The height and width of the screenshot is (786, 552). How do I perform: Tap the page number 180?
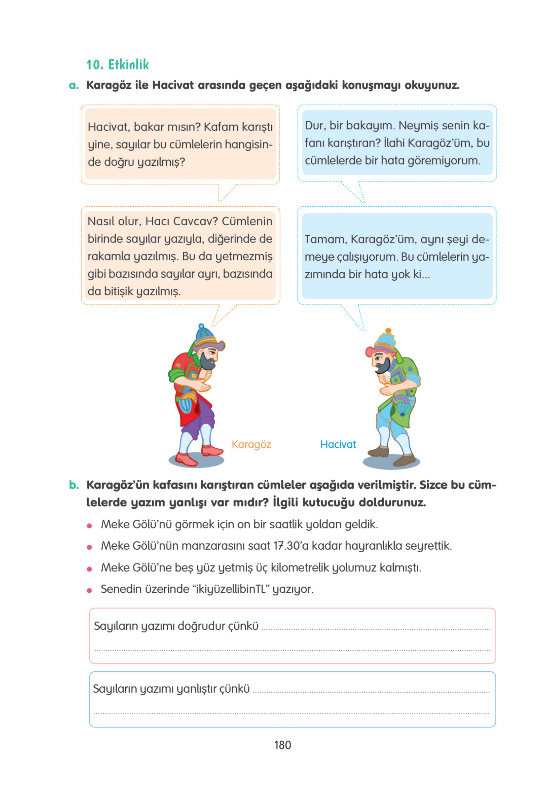pos(282,745)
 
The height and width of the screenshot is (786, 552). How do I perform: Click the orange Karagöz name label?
pos(251,444)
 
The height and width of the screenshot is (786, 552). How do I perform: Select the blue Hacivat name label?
pos(338,444)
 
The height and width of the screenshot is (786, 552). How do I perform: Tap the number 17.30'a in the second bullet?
pos(291,546)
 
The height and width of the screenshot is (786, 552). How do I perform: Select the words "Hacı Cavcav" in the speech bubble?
pos(181,221)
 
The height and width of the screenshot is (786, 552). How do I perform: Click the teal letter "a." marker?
pos(74,85)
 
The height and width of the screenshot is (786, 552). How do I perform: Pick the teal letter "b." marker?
pos(74,485)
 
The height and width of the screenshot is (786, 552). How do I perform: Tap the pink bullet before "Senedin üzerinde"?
pos(90,590)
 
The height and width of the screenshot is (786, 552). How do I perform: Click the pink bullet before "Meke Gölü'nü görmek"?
pos(90,526)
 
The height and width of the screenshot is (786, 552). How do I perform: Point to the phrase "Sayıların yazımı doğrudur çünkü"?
pos(176,626)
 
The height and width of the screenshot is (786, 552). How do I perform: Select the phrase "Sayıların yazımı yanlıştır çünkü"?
pos(171,688)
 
